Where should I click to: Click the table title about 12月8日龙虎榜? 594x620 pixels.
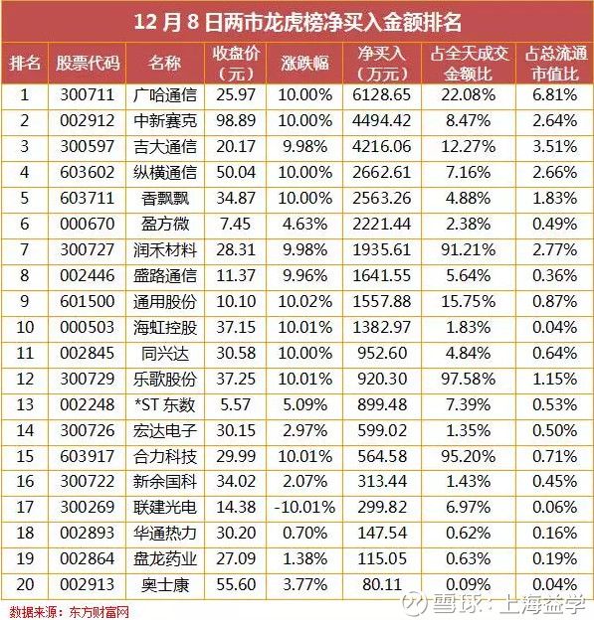point(297,22)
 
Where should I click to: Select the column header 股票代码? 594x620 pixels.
point(88,63)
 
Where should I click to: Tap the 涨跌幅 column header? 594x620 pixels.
point(304,64)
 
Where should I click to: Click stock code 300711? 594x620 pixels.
point(88,95)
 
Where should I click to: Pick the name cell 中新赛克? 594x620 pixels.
point(165,121)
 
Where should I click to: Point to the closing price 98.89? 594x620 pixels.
point(236,120)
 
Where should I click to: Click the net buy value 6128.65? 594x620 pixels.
point(382,95)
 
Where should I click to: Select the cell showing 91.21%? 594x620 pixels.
point(468,250)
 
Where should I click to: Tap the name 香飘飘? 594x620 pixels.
point(165,199)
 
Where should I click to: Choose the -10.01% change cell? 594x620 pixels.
point(304,508)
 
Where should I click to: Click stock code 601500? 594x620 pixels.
point(88,302)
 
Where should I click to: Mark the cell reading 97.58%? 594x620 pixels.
point(468,380)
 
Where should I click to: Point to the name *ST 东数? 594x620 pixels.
point(165,405)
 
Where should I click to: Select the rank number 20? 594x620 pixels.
point(25,585)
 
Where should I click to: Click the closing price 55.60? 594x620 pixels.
point(236,585)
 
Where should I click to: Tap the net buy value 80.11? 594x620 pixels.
point(382,585)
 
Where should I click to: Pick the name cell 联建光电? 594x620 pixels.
point(165,508)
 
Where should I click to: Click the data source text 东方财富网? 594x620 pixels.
point(99,612)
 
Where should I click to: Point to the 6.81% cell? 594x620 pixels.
point(555,95)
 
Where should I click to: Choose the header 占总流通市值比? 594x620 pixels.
point(555,64)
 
